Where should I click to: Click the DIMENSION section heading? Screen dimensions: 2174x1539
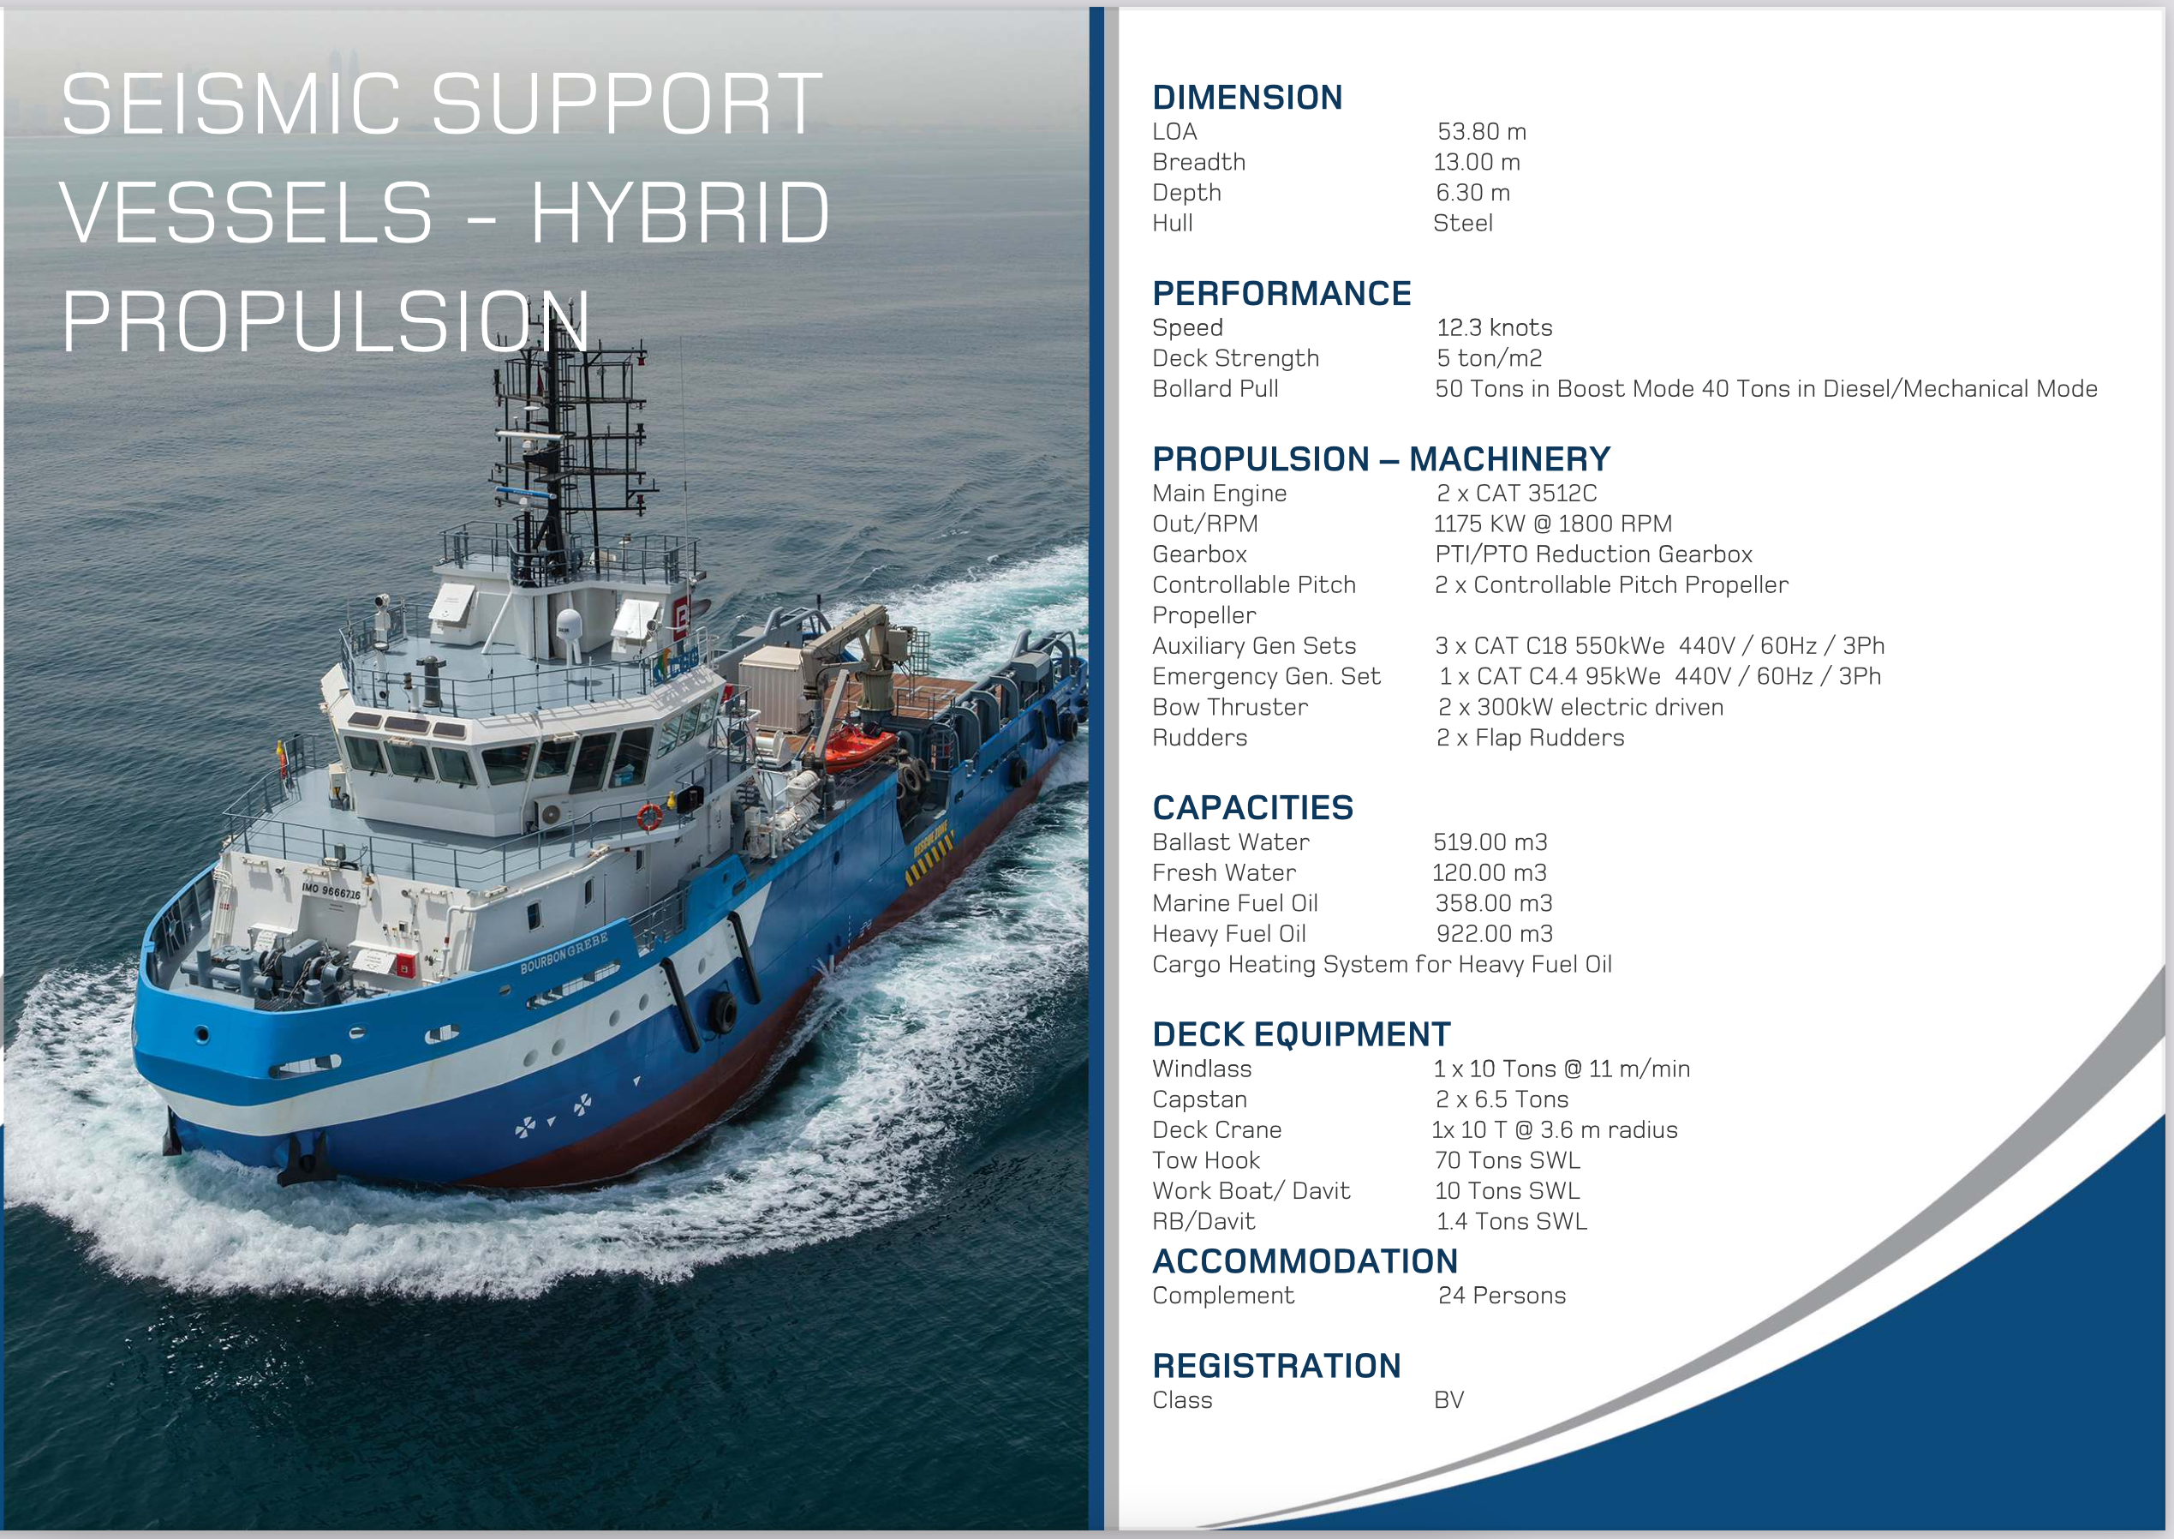tap(1246, 98)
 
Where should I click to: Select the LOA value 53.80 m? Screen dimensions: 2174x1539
tap(1482, 132)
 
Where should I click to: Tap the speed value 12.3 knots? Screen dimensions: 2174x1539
tap(1494, 328)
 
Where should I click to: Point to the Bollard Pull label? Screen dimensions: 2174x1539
tap(1215, 388)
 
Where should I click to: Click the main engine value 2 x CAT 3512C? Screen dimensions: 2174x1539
tap(1517, 493)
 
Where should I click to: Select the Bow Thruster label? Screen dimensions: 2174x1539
tap(1229, 707)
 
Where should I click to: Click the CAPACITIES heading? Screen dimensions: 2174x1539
tap(1252, 807)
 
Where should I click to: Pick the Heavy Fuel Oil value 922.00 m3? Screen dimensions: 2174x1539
tap(1494, 933)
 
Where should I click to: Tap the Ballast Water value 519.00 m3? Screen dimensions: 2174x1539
tap(1490, 841)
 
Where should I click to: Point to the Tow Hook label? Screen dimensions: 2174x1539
tap(1206, 1160)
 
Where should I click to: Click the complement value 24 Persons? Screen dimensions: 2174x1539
tap(1502, 1296)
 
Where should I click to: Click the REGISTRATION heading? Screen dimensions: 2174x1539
tap(1276, 1366)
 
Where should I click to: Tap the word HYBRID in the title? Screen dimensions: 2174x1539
tap(679, 213)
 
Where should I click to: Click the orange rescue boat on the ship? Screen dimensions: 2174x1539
tap(857, 745)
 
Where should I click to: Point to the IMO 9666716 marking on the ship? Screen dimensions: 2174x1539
tap(331, 891)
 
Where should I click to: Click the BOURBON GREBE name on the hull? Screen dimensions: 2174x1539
tap(564, 952)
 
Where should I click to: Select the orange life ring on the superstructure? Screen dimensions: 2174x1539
tap(649, 817)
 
